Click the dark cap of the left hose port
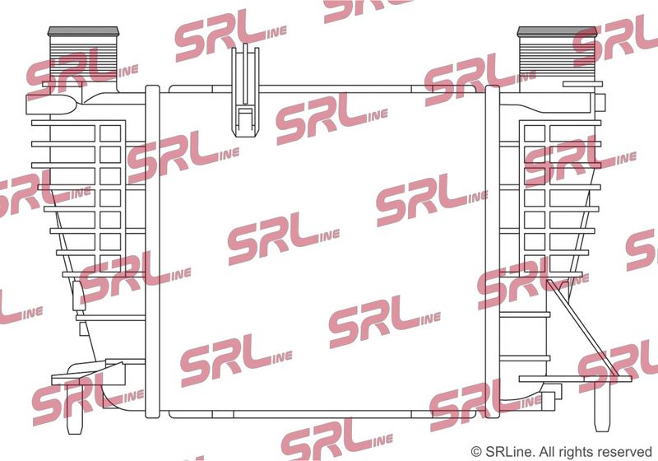(x=83, y=31)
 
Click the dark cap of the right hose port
(x=557, y=31)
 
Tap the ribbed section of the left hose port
(x=82, y=58)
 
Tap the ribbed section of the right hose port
(x=558, y=58)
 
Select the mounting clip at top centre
(x=245, y=91)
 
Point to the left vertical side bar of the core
(x=152, y=252)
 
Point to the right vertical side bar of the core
(x=492, y=252)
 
